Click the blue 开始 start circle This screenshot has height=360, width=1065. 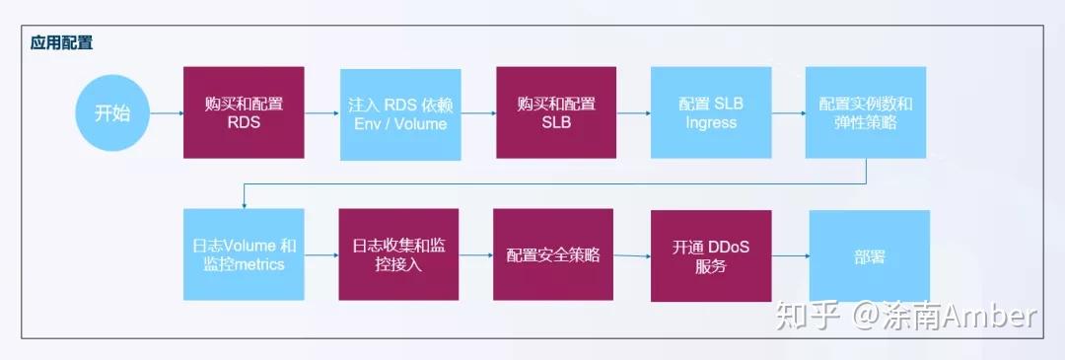click(x=112, y=112)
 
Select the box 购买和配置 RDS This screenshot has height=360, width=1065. click(x=244, y=112)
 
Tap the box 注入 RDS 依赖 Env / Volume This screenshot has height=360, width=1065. click(x=399, y=114)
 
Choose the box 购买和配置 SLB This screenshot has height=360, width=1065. click(x=556, y=112)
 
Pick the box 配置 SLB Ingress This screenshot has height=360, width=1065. click(x=710, y=113)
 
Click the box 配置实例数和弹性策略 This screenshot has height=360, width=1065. click(x=865, y=113)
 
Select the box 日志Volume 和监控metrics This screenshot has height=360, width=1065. click(x=244, y=254)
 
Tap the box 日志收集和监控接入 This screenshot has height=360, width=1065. click(x=399, y=254)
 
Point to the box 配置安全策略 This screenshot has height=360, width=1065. click(x=553, y=254)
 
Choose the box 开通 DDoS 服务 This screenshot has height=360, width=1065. click(x=710, y=255)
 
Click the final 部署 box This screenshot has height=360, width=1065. click(x=869, y=255)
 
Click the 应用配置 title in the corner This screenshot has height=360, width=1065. click(x=62, y=44)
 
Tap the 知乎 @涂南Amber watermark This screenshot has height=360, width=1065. click(x=906, y=316)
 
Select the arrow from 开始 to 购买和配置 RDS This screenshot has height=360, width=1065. click(x=168, y=112)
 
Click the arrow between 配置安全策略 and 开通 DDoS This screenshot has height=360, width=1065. click(x=631, y=255)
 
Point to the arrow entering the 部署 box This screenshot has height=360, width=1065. click(x=790, y=256)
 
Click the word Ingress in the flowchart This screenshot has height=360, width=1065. click(x=710, y=123)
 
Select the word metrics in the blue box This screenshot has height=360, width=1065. click(x=257, y=264)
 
